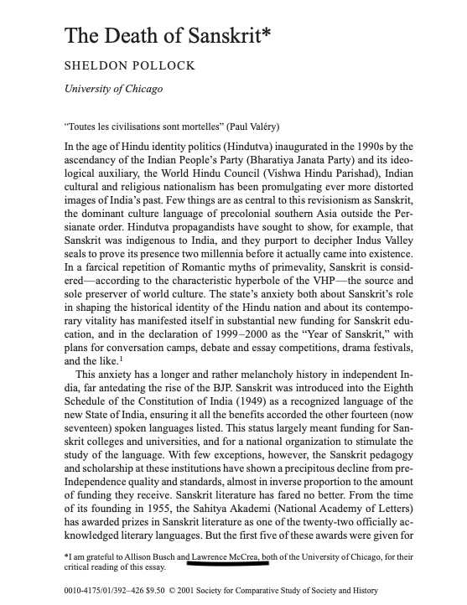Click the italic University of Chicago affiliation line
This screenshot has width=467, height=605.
point(108,90)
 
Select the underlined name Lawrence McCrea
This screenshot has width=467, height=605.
point(226,556)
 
